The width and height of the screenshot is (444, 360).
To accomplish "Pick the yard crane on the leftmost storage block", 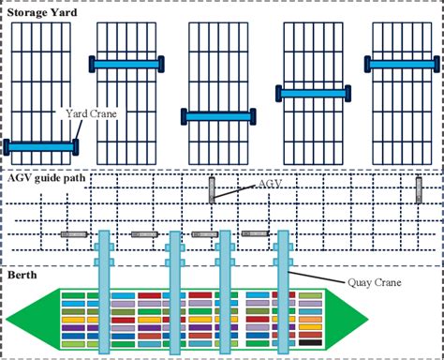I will pos(40,147).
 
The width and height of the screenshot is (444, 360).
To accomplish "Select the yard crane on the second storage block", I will pos(127,63).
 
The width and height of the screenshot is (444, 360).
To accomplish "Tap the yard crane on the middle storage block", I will pos(218,116).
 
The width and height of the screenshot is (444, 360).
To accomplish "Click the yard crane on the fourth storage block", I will pos(315,93).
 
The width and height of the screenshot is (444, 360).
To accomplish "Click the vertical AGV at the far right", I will pos(420,189).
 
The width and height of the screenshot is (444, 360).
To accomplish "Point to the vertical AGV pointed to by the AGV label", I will pos(212,189).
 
